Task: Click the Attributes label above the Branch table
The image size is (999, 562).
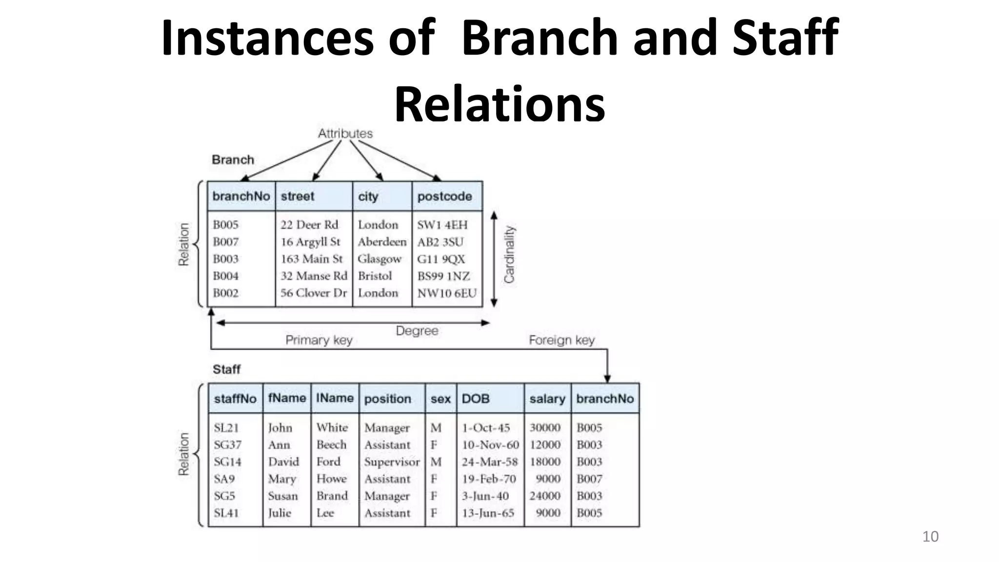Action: (345, 133)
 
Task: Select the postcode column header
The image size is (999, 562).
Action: (444, 197)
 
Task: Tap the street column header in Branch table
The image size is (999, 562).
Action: (297, 197)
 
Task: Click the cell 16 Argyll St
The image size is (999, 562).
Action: (310, 242)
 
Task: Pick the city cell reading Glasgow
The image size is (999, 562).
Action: (380, 259)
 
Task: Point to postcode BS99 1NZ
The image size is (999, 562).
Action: (443, 276)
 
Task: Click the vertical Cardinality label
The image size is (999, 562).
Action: (509, 254)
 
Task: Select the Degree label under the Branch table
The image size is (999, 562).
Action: (417, 331)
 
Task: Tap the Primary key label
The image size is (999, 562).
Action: (319, 340)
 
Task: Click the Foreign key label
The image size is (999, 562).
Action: (561, 340)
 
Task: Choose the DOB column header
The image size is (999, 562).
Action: (475, 399)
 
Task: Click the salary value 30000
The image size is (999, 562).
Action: (545, 428)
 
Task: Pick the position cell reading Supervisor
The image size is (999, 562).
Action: (392, 462)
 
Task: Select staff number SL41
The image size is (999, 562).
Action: (226, 513)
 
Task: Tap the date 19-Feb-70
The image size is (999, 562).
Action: (489, 479)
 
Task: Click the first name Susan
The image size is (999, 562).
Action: (282, 496)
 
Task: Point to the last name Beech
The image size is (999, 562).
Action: (331, 445)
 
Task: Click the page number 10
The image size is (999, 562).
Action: (930, 537)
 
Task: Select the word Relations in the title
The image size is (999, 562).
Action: (499, 104)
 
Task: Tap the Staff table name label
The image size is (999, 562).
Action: (226, 369)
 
